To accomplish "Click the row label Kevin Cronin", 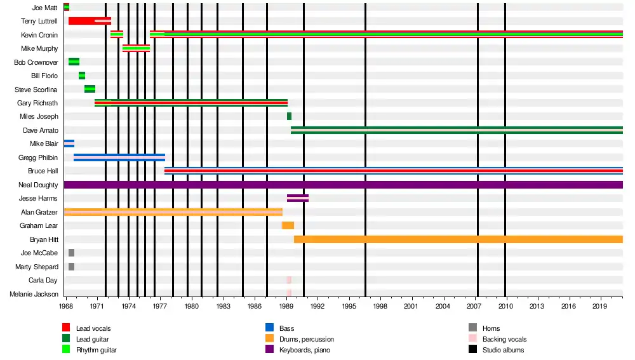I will (x=39, y=35).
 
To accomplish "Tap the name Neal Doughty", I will (x=38, y=185).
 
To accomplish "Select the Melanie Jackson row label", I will (x=34, y=294).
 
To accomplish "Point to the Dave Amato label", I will (x=41, y=130).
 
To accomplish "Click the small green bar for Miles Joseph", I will (x=289, y=116).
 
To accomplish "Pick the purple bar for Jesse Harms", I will (x=298, y=198).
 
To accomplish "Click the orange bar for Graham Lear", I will (x=288, y=225).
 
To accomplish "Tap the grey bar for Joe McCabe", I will (x=71, y=253).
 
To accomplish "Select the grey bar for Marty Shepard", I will (x=71, y=267).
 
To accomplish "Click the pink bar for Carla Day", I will (x=289, y=280).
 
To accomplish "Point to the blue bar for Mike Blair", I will (x=69, y=143).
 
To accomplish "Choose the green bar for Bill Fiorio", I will (x=82, y=76).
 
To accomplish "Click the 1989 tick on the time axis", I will (x=286, y=306).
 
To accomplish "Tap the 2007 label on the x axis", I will (x=474, y=306).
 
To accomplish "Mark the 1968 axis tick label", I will (x=66, y=306).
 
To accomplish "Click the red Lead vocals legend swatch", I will (x=65, y=328).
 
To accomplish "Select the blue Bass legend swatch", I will (x=269, y=328).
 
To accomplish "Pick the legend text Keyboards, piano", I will (x=304, y=350).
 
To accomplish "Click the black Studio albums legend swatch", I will (x=472, y=350).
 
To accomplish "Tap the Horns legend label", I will (x=491, y=328).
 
